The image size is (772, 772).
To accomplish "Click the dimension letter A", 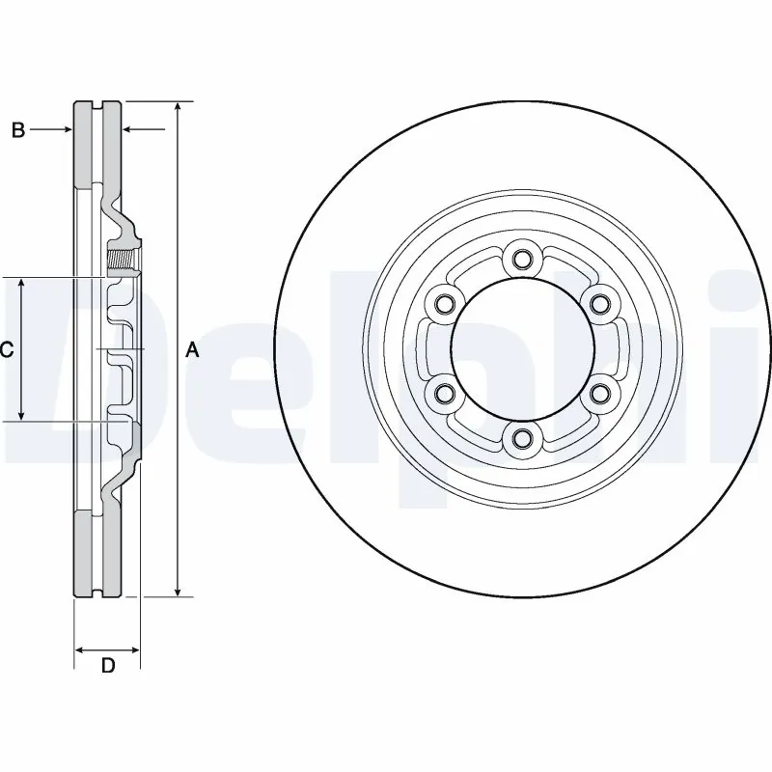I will tap(192, 349).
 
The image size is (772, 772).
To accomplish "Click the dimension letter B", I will tap(18, 130).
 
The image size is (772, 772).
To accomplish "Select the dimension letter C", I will tap(6, 349).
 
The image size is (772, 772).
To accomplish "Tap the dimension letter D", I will tap(108, 665).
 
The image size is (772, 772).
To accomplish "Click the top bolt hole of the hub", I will tap(522, 259).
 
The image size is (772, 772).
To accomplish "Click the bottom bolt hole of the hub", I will tap(522, 440).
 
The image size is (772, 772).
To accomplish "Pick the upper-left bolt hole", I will tap(444, 305).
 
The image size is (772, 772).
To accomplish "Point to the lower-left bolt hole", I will tap(444, 393).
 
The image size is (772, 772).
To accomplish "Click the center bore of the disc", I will tap(522, 349).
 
